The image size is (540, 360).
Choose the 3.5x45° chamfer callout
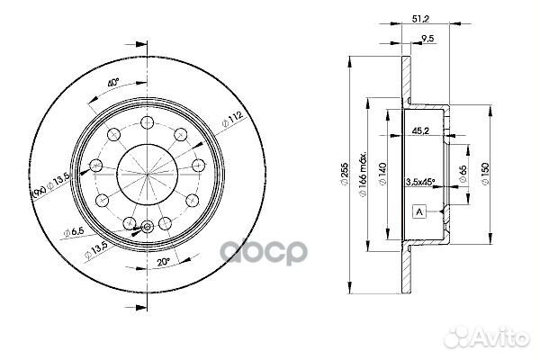420,182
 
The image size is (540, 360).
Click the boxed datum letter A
418,211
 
